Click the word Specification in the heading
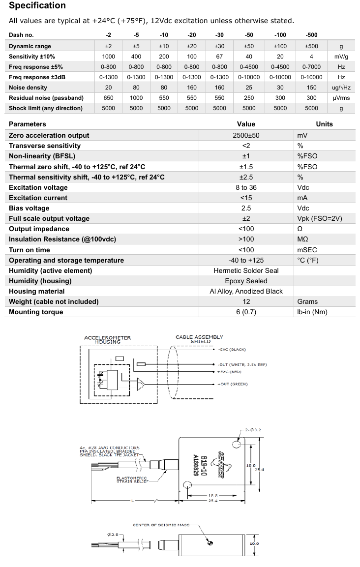pyautogui.click(x=37, y=6)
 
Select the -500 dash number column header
pyautogui.click(x=311, y=35)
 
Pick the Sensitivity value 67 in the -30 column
pyautogui.click(x=219, y=57)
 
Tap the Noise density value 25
pyautogui.click(x=249, y=88)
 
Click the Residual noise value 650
pyautogui.click(x=108, y=98)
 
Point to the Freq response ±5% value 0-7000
pyautogui.click(x=311, y=67)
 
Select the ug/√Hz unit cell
pyautogui.click(x=341, y=88)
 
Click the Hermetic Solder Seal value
pyautogui.click(x=246, y=270)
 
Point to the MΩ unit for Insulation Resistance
pyautogui.click(x=302, y=239)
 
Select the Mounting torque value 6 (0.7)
pyautogui.click(x=246, y=312)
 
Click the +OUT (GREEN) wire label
pyautogui.click(x=233, y=384)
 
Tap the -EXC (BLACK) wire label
pyautogui.click(x=232, y=350)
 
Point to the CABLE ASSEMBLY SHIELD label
pyautogui.click(x=199, y=339)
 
